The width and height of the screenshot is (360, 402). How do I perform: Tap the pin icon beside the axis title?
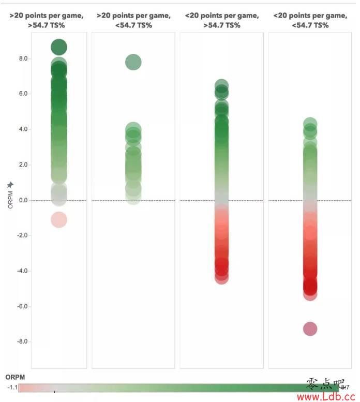[x=10, y=185]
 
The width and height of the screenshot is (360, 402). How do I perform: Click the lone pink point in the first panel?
[x=59, y=219]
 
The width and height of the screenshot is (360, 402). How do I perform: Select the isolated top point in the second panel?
[x=133, y=62]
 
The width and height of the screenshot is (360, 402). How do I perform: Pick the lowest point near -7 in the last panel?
[x=310, y=329]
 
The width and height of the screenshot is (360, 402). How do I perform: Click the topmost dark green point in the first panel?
[x=59, y=47]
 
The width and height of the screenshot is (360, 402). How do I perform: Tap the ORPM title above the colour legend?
[x=15, y=377]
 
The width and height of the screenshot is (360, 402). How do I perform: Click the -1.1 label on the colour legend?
[x=12, y=387]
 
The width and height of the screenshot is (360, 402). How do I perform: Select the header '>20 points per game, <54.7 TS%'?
[x=133, y=20]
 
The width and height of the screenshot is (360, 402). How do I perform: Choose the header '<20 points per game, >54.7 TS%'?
[x=222, y=20]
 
